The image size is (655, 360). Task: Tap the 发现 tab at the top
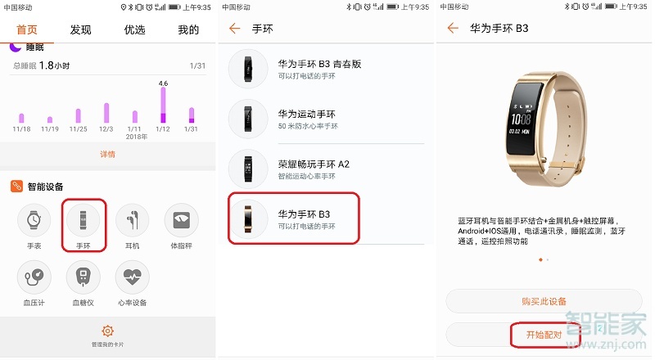tap(80, 30)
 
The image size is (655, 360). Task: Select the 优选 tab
tap(134, 30)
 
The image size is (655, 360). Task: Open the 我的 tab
tap(188, 30)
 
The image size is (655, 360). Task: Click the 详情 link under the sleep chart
tap(107, 154)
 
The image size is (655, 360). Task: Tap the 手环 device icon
tap(84, 219)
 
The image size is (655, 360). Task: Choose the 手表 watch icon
tap(34, 219)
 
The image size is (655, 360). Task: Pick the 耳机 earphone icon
tap(132, 219)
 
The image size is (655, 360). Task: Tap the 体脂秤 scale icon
tap(181, 219)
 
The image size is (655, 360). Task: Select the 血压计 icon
tap(34, 277)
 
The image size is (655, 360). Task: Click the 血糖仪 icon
tap(84, 277)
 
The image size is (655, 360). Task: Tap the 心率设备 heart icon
tap(132, 277)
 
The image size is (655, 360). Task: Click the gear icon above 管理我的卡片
tap(107, 331)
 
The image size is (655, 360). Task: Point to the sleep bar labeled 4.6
tap(163, 105)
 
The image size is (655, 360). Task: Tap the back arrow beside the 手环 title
tap(235, 29)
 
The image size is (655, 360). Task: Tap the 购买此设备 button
tap(544, 301)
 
